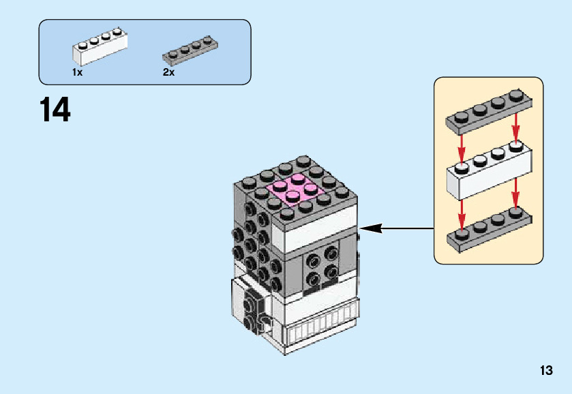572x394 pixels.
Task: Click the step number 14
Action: click(x=55, y=110)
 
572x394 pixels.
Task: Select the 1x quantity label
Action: click(x=77, y=72)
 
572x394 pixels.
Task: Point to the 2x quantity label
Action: click(x=168, y=72)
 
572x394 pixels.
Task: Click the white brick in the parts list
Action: click(x=99, y=50)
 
